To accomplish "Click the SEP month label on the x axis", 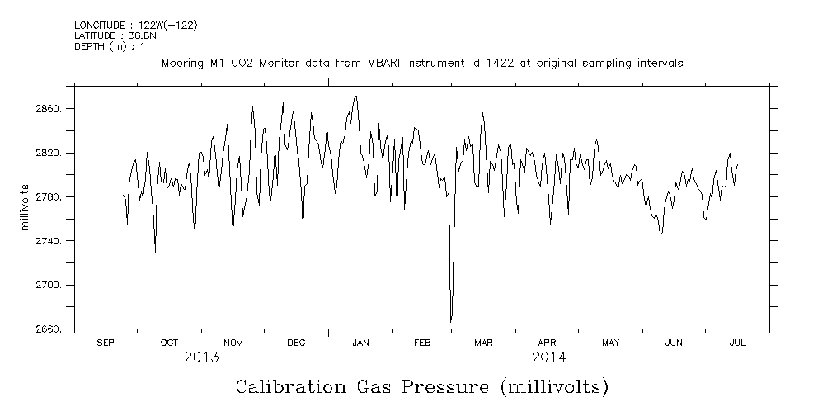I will tap(106, 343).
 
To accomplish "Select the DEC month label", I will tap(296, 343).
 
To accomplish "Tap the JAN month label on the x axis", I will tap(360, 343).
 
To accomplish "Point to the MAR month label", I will tap(484, 343).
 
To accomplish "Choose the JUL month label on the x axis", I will tap(737, 343).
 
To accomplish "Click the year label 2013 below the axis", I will tap(201, 357).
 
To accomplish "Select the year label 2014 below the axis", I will tap(548, 357).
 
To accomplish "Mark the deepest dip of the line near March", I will tap(451, 321).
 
